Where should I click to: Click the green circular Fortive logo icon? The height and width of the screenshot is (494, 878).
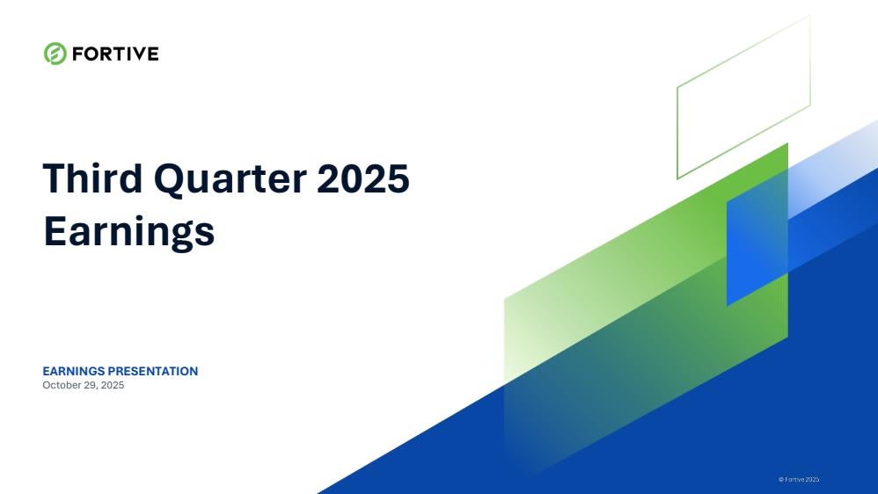(55, 54)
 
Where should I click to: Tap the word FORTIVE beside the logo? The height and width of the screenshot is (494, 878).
(115, 54)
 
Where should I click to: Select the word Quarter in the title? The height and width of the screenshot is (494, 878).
(230, 180)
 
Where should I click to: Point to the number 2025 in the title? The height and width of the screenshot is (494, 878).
(363, 178)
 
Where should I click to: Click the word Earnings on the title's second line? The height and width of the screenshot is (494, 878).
(128, 232)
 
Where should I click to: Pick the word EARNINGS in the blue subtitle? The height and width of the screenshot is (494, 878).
(74, 371)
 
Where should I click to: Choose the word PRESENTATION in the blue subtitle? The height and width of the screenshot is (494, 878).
(153, 371)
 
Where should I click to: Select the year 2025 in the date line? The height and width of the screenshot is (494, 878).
(113, 385)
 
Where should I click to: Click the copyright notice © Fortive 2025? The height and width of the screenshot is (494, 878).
(799, 479)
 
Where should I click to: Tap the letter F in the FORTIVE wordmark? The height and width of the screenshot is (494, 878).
(77, 54)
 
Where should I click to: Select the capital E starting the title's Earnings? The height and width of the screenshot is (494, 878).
(55, 230)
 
